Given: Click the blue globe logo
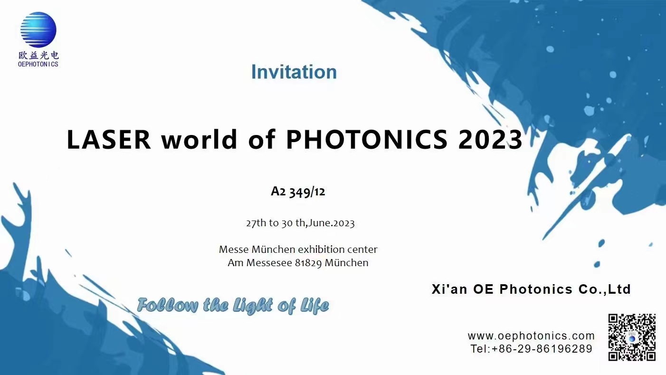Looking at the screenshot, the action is tap(38, 29).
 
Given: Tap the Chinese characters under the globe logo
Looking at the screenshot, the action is tap(38, 55).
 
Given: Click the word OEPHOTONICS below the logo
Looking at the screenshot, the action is tap(38, 64).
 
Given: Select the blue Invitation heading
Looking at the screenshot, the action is tap(294, 72).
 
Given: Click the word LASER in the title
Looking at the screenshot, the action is tap(109, 139).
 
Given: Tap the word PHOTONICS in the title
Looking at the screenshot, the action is tap(367, 139).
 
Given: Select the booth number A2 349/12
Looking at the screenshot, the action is tap(298, 192).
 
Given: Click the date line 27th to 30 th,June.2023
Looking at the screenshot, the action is tap(300, 223).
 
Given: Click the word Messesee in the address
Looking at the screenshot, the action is tap(269, 263).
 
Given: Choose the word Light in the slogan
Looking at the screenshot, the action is tap(252, 306).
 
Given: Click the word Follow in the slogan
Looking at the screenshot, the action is tap(168, 305).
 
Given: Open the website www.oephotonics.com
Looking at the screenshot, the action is tap(531, 336).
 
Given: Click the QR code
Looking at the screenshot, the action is tap(632, 337).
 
